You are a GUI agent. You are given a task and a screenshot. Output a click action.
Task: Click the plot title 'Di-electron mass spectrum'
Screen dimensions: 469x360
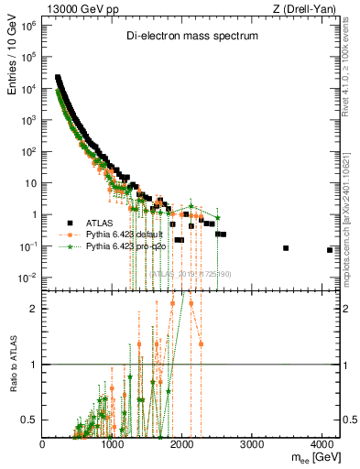192,36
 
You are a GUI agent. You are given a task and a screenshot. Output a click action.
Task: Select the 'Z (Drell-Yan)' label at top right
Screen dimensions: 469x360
308,8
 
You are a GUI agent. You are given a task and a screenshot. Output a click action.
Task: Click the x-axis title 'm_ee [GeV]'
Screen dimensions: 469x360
311,456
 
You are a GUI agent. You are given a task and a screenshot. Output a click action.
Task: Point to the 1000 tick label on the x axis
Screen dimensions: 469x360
113,443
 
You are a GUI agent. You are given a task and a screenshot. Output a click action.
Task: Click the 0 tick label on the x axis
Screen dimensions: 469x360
43,443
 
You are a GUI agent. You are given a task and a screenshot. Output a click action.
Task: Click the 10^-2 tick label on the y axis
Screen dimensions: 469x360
27,278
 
